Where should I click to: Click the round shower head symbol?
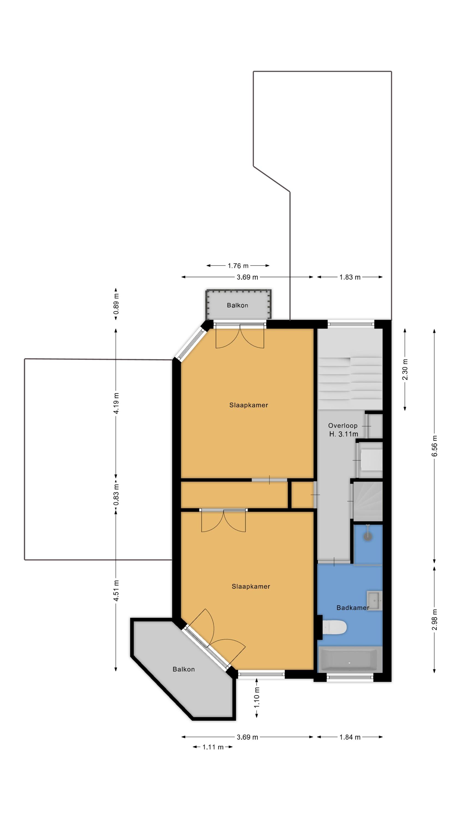[368, 536]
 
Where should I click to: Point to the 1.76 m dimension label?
[238, 265]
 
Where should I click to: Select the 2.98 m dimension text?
[435, 619]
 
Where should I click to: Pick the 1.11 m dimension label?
[213, 747]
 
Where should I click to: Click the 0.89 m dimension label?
[116, 304]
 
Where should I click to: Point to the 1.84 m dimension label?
[350, 737]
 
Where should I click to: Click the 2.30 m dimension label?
[405, 369]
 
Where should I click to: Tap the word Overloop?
[343, 426]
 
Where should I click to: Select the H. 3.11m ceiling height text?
[344, 434]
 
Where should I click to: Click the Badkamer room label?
[353, 608]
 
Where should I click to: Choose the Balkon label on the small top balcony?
[237, 305]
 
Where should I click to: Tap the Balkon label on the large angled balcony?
[184, 669]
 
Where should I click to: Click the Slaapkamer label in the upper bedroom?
[249, 405]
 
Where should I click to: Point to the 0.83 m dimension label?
[116, 495]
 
